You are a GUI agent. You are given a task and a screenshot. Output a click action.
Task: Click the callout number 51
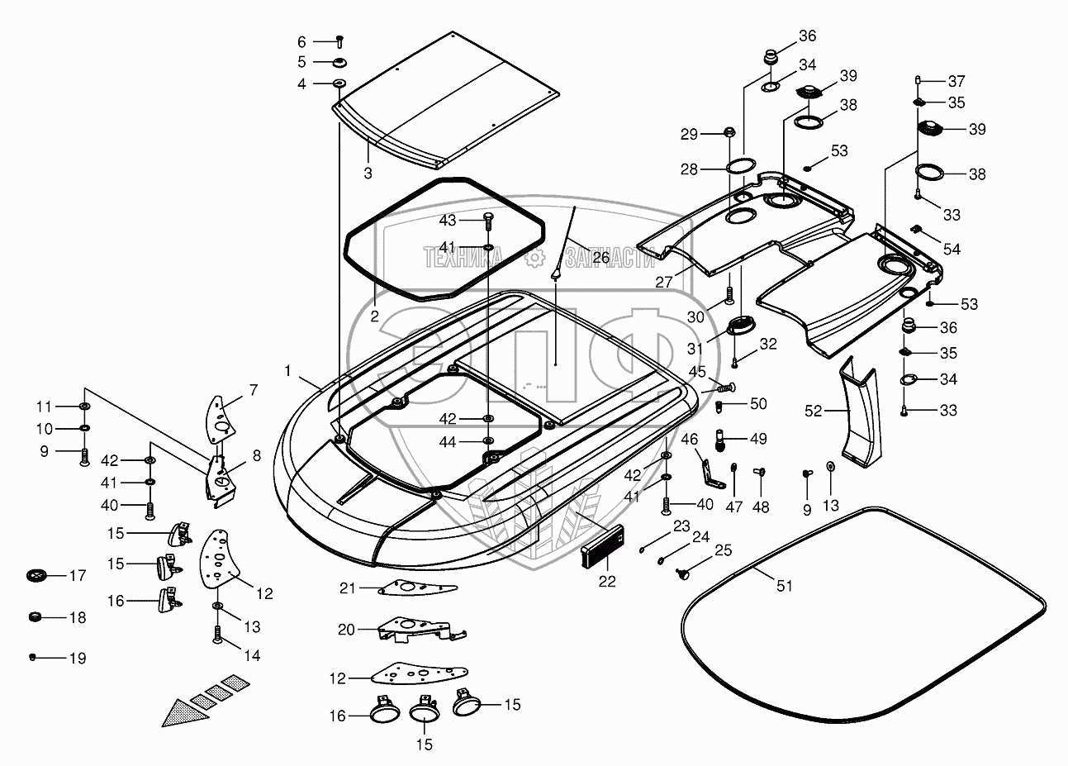[x=784, y=586]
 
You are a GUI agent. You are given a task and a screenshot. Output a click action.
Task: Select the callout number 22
[x=607, y=582]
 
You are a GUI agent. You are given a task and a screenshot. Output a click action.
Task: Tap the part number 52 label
[x=814, y=411]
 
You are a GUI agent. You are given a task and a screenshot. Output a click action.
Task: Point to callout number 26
[x=600, y=258]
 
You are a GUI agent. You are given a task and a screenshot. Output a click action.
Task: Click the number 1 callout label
[x=287, y=372]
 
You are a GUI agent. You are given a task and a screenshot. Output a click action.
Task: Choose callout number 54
[x=952, y=249]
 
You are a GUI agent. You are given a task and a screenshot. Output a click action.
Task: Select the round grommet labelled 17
[x=36, y=575]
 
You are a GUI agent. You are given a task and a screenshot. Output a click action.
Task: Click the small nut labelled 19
[x=33, y=658]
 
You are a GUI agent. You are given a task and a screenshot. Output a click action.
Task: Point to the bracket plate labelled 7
[x=219, y=412]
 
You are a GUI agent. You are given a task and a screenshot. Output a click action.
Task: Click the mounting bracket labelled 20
[x=417, y=630]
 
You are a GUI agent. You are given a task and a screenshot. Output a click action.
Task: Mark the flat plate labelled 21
[x=418, y=588]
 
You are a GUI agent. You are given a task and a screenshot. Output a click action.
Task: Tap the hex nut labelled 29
[x=730, y=132]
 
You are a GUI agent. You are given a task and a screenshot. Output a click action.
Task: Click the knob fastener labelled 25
[x=683, y=573]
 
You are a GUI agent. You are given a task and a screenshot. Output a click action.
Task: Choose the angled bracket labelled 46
[x=705, y=469]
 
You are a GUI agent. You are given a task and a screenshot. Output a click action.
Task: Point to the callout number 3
[x=368, y=174]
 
